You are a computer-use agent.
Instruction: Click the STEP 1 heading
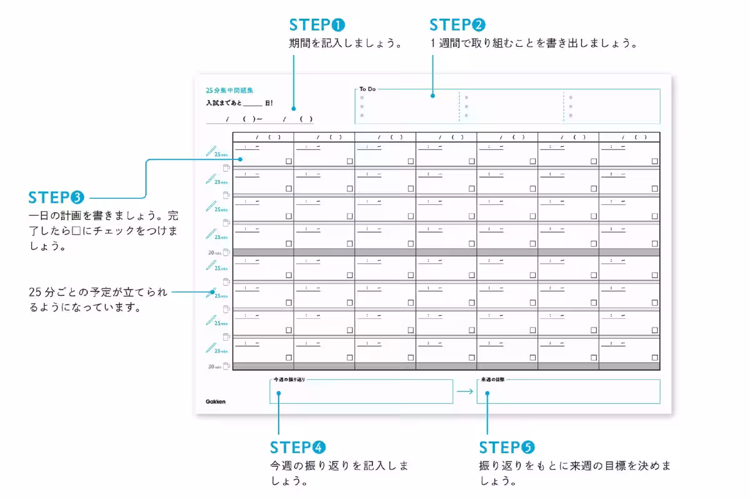pyautogui.click(x=317, y=25)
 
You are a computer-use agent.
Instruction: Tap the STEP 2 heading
pyautogui.click(x=457, y=25)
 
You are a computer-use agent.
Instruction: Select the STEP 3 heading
pyautogui.click(x=56, y=197)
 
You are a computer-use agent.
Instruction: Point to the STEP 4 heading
pyautogui.click(x=297, y=447)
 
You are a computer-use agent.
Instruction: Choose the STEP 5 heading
pyautogui.click(x=507, y=447)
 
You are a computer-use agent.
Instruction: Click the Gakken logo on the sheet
pyautogui.click(x=216, y=401)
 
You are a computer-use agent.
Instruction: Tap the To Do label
pyautogui.click(x=367, y=89)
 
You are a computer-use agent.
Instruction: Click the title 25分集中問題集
pyautogui.click(x=229, y=91)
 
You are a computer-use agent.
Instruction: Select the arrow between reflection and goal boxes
pyautogui.click(x=464, y=392)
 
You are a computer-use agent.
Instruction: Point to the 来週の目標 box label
pyautogui.click(x=492, y=380)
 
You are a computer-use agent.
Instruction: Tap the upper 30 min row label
pyautogui.click(x=214, y=252)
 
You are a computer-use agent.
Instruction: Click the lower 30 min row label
pyautogui.click(x=214, y=367)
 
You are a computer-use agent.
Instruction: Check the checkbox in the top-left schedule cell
pyautogui.click(x=289, y=161)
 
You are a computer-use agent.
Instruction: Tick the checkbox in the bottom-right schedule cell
pyautogui.click(x=654, y=357)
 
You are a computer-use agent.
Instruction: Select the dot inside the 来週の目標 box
pyautogui.click(x=487, y=393)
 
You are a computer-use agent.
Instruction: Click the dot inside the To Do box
pyautogui.click(x=432, y=96)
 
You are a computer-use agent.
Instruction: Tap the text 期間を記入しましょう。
pyautogui.click(x=344, y=44)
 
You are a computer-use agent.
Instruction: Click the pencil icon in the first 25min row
pyautogui.click(x=211, y=151)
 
